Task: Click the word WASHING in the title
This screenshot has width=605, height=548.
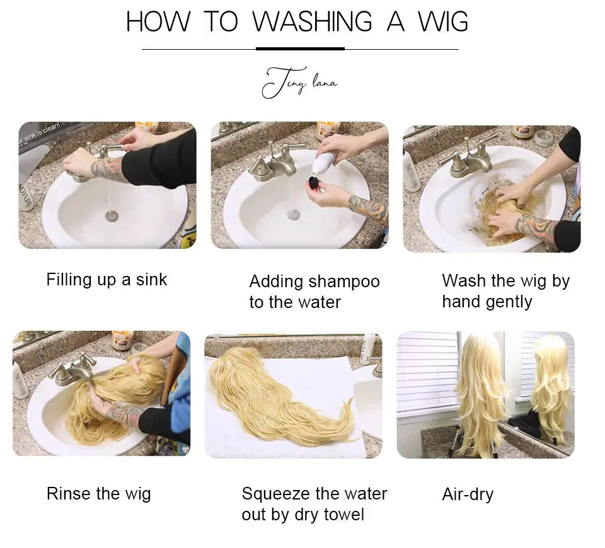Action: pos(313,22)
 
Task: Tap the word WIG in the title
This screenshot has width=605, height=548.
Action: pos(443,22)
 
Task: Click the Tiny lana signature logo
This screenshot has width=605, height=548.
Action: pos(299,83)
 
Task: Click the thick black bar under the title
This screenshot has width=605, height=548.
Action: pos(300,49)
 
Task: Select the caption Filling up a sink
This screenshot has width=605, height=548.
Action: pos(107,280)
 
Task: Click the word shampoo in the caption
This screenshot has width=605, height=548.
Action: pos(349,282)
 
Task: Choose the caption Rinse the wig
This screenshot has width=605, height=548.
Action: pos(98,493)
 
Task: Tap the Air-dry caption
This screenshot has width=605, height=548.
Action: pos(468,494)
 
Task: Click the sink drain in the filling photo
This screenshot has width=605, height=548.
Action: pos(112,216)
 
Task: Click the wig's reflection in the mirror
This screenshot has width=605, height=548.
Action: pos(548,384)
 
